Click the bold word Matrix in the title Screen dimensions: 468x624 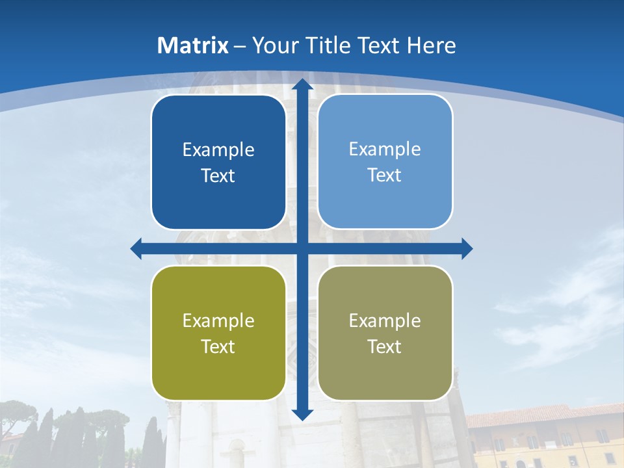click(x=193, y=45)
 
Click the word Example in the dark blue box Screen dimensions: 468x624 click(x=218, y=150)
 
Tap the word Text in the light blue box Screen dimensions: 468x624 click(x=385, y=175)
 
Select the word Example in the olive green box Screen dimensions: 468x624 click(x=218, y=321)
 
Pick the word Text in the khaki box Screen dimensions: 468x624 click(x=385, y=347)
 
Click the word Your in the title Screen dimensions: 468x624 click(x=273, y=45)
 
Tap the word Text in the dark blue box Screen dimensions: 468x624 click(x=218, y=176)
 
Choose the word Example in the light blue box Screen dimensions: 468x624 click(x=385, y=149)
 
